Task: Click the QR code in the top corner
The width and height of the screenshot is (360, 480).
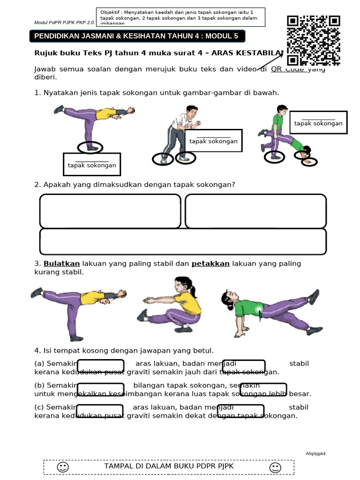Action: [x=313, y=40]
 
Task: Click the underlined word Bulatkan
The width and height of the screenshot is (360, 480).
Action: [x=62, y=263]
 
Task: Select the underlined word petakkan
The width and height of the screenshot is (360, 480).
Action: [x=210, y=263]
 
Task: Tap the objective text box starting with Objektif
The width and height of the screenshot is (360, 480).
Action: [x=180, y=17]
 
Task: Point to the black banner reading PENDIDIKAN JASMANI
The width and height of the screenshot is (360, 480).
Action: [x=137, y=37]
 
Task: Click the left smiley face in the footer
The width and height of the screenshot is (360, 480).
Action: [x=62, y=467]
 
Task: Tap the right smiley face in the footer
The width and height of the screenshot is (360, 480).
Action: [x=275, y=467]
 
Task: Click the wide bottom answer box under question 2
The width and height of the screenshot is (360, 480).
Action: [x=183, y=241]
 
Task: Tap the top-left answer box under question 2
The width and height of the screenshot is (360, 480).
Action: [x=110, y=210]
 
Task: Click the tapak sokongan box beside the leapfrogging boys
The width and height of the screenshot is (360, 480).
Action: [x=318, y=123]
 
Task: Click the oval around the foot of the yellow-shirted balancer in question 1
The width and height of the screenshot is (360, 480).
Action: [x=90, y=147]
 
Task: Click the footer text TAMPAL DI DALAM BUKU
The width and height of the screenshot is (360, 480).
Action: [x=169, y=466]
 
